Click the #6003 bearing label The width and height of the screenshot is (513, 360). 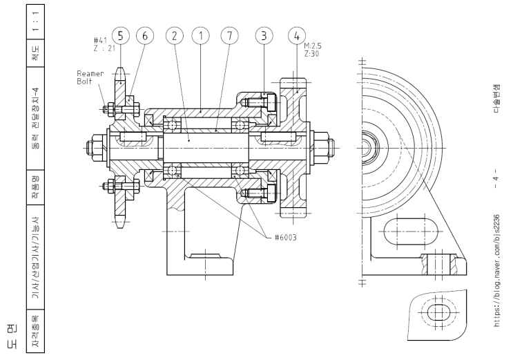(x=281, y=237)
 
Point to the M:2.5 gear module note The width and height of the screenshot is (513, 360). (x=313, y=46)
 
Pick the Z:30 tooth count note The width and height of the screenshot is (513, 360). (x=310, y=53)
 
